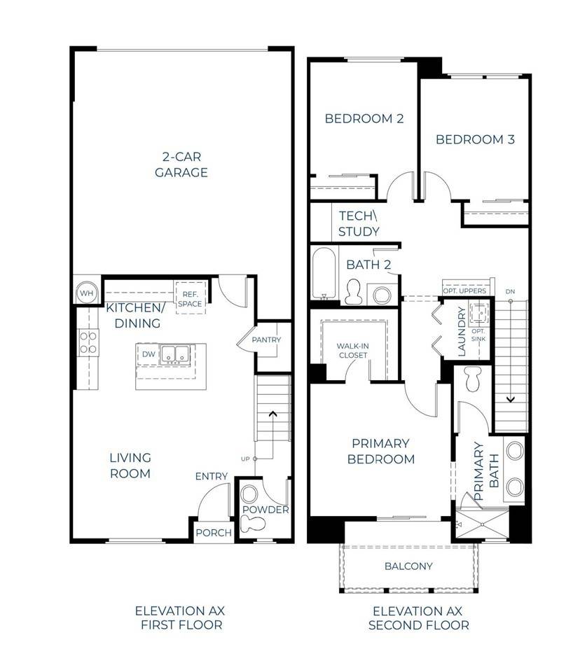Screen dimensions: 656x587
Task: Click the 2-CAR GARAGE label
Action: (181, 165)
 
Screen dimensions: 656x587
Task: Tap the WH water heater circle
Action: (86, 293)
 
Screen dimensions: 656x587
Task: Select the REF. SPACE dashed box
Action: (189, 299)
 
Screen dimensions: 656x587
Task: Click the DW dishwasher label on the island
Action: (149, 355)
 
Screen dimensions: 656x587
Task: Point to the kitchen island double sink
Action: (174, 355)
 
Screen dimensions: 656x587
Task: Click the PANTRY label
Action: (266, 340)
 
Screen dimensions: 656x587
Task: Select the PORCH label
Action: (213, 533)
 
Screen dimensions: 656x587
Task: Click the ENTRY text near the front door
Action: (211, 477)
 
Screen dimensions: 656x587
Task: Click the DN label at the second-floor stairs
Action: (511, 291)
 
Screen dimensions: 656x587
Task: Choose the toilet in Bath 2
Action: (354, 290)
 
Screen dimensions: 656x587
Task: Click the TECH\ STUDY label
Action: (359, 223)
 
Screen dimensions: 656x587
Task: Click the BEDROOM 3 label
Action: (475, 139)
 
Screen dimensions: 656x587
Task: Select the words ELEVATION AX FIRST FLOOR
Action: (180, 617)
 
